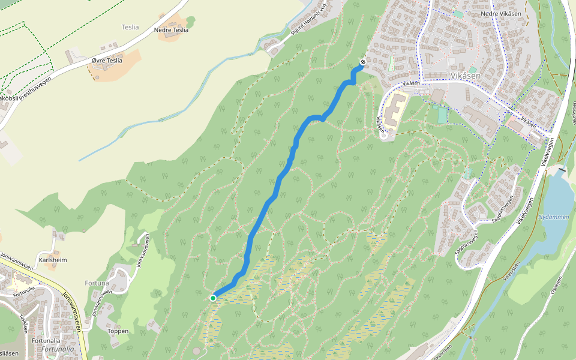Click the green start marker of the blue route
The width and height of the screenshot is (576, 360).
tap(213, 298)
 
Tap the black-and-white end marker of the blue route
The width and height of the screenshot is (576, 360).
tap(363, 62)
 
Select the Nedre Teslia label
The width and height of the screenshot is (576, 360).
tap(171, 29)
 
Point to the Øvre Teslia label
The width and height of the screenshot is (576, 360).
tap(107, 61)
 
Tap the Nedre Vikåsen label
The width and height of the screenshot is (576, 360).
tap(500, 13)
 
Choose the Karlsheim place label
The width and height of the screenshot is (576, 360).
tap(53, 260)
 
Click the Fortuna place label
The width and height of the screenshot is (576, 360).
tap(96, 283)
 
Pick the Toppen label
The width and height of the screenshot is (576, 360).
tap(118, 331)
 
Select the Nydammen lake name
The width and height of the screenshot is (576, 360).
tap(553, 217)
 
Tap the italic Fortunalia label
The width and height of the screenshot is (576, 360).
tap(59, 349)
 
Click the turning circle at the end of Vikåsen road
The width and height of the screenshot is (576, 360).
tap(384, 134)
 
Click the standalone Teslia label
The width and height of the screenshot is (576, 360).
tap(130, 27)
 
